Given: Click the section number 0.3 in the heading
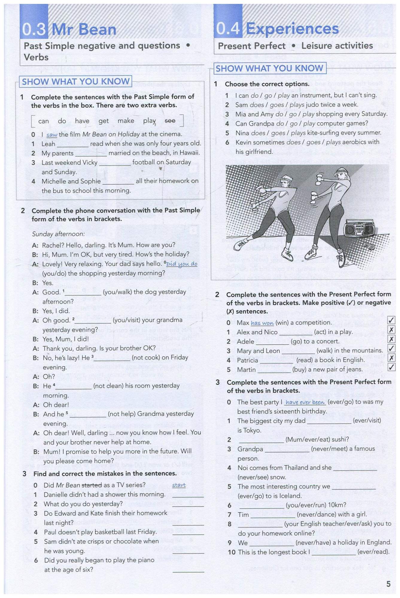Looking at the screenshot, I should coord(34,30).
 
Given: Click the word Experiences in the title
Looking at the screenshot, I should coord(292,29).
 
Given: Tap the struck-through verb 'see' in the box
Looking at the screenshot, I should coord(170,120).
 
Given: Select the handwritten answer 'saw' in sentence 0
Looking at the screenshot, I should coord(52,135).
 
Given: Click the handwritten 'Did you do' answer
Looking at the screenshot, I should coord(182,264).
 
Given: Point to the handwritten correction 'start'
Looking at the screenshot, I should coord(179,485).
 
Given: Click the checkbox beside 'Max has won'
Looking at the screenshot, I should coord(391,320).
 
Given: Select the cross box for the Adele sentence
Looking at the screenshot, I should coord(391,339).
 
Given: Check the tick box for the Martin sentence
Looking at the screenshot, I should coord(391,367).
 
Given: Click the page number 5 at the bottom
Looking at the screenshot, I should coord(388,584).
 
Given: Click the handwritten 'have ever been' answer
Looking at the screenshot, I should coord(305,402).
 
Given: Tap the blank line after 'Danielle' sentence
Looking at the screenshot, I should coord(188,495).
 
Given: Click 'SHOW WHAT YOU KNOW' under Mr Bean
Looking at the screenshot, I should coord(75,81).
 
